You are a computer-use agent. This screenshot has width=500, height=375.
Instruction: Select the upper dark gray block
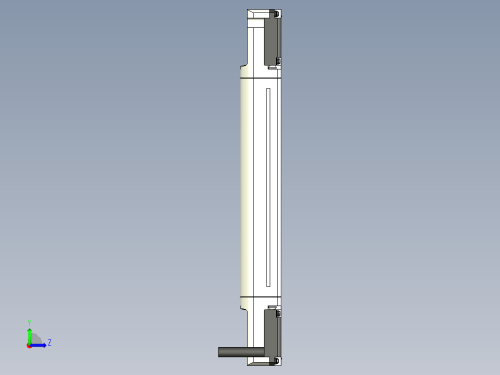(x=273, y=39)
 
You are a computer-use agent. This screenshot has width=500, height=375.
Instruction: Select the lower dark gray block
(x=273, y=336)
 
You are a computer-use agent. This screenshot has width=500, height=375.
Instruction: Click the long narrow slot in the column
(x=268, y=187)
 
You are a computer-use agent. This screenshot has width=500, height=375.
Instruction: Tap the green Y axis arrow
(x=30, y=332)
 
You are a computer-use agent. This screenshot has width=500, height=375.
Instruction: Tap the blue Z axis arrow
(x=39, y=343)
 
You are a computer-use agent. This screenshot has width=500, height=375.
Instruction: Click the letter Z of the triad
(x=49, y=342)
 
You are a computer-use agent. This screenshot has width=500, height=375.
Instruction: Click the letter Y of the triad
(x=30, y=324)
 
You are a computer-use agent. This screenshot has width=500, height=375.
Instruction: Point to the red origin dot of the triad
(x=29, y=343)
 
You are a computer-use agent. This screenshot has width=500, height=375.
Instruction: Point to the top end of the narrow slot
(x=268, y=90)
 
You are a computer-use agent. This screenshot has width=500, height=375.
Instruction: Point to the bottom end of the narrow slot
(x=268, y=286)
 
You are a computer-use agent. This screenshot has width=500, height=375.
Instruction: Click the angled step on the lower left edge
(x=241, y=307)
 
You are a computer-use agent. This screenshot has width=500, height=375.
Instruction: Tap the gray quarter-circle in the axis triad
(x=35, y=337)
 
